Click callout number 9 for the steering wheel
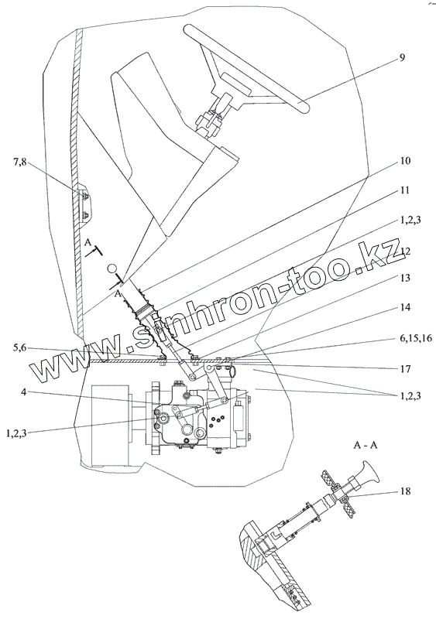pyautogui.click(x=401, y=57)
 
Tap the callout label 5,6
pyautogui.click(x=20, y=347)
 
